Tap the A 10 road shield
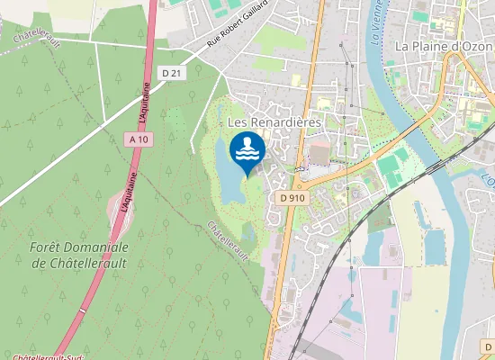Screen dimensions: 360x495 138,139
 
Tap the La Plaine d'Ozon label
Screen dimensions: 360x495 441,45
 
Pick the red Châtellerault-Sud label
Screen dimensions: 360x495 36,356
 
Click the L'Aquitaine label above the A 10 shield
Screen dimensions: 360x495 144,104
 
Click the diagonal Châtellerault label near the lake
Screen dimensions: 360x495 228,240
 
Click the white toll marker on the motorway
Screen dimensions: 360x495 82,310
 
